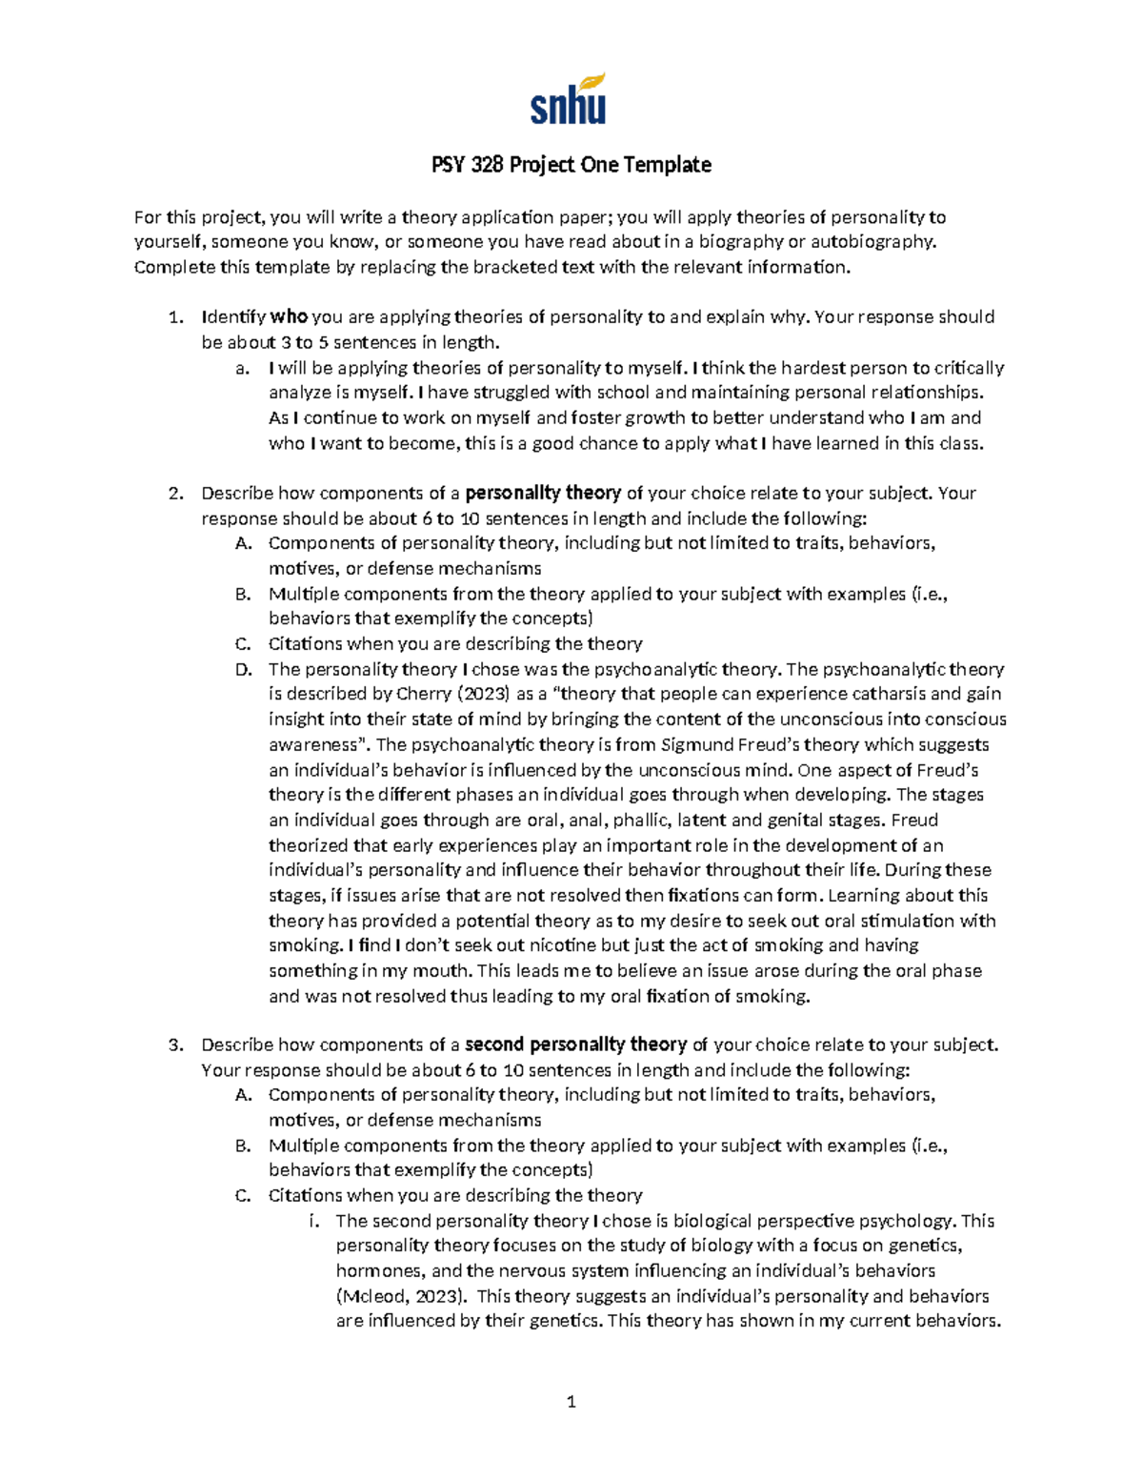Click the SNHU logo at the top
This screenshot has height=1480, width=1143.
tap(568, 99)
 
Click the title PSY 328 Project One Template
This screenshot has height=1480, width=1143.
tap(571, 165)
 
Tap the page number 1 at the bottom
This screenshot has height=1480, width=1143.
tap(571, 1401)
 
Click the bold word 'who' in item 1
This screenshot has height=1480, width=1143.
tap(289, 317)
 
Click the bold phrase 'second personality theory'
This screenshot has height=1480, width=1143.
tap(575, 1044)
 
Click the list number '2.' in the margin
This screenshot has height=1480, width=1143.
tap(175, 494)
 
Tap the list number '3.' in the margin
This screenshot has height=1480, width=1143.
tap(175, 1044)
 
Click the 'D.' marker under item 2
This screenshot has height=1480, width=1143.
tap(243, 669)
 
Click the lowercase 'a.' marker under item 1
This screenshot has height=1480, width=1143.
tap(243, 368)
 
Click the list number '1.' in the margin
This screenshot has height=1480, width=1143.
tap(174, 317)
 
